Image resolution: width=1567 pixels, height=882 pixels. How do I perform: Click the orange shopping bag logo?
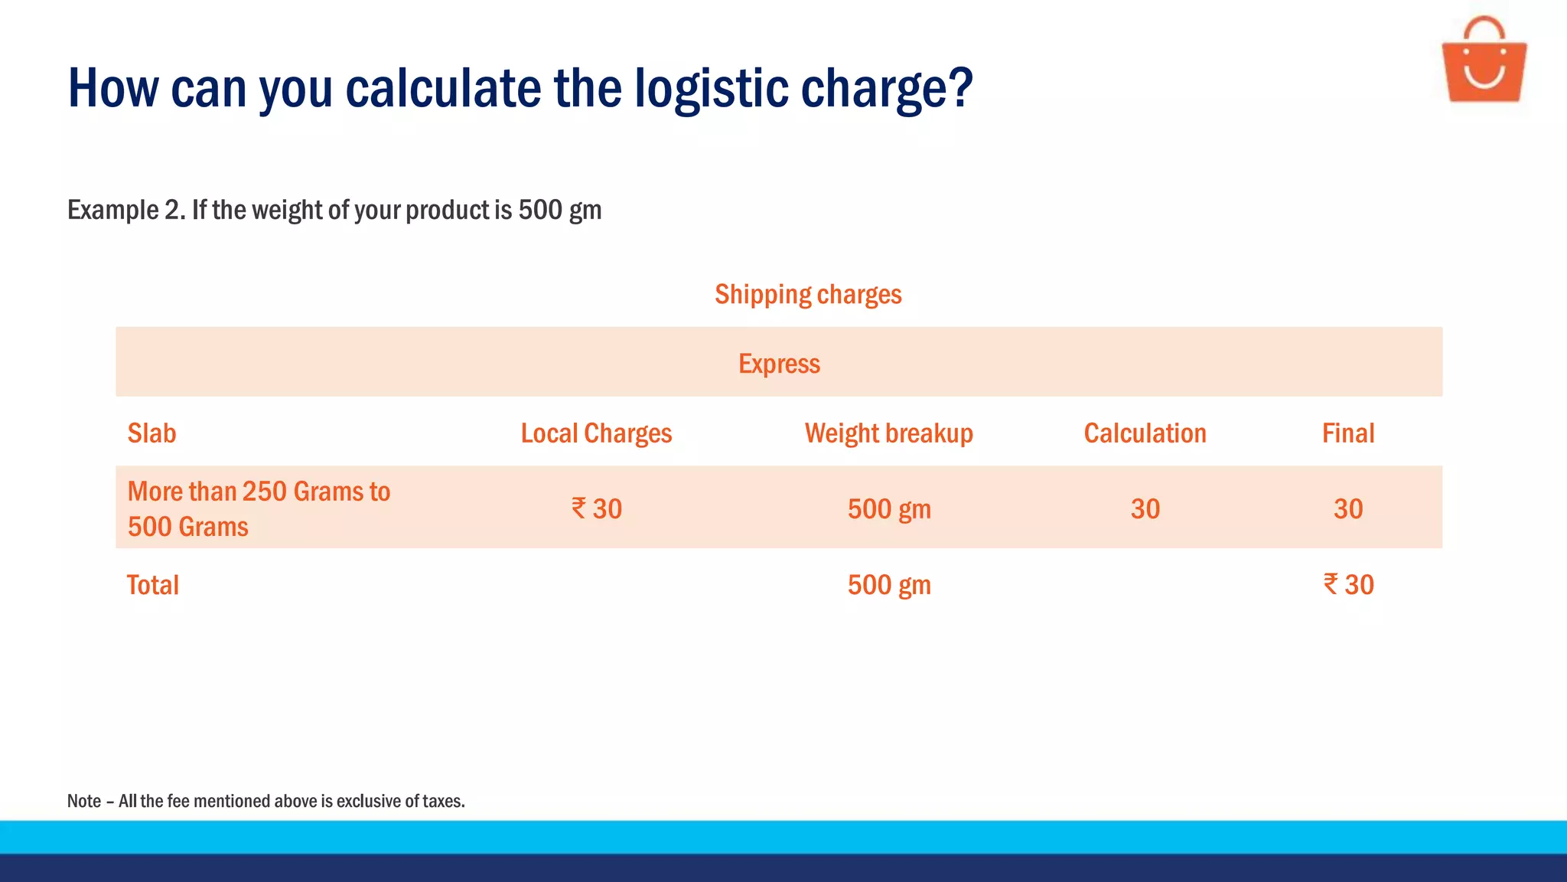coord(1484,61)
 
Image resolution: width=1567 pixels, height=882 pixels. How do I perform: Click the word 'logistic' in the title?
coord(711,88)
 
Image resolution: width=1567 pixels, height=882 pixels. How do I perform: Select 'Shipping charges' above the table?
coord(808,295)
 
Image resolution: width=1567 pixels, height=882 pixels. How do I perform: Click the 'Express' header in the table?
coord(779,364)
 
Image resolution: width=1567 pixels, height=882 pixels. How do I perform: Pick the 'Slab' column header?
coord(151,433)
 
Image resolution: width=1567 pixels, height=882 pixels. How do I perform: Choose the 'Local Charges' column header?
coord(596,433)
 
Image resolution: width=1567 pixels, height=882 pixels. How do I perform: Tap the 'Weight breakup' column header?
coord(888,433)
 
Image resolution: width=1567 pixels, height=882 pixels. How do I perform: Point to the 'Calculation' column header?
coord(1145,433)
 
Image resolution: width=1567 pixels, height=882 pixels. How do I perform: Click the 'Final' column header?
coord(1348,433)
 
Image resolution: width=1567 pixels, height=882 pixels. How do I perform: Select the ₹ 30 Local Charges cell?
coord(597,509)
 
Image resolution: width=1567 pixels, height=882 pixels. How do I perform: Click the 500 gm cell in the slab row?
coord(889,509)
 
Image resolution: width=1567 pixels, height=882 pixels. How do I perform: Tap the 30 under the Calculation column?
coord(1145,509)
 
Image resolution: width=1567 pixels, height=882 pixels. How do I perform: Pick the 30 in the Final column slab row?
coord(1348,509)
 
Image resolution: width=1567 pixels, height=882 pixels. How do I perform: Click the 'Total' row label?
coord(152,586)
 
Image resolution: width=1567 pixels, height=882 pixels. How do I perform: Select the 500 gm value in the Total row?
coord(889,586)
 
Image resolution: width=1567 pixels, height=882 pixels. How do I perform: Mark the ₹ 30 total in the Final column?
coord(1348,586)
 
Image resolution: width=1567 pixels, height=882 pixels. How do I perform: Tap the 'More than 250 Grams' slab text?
coord(259,492)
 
